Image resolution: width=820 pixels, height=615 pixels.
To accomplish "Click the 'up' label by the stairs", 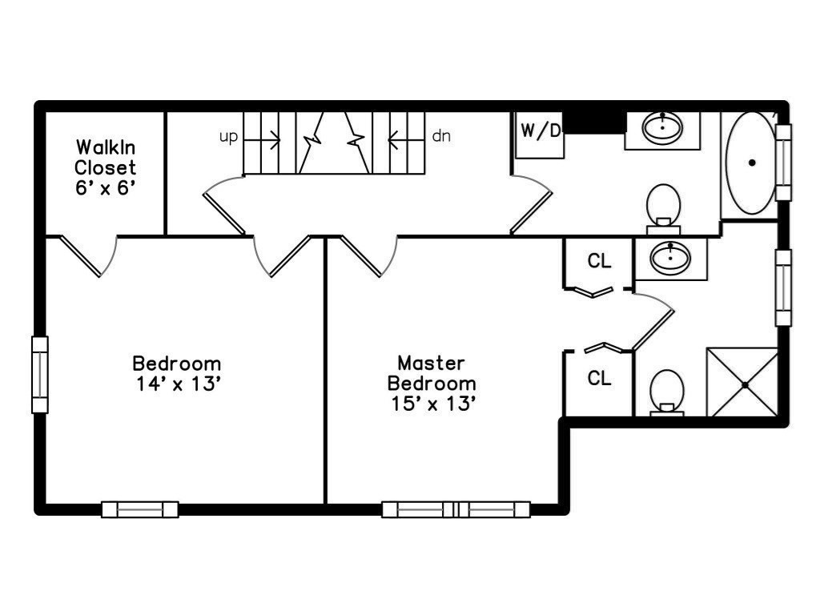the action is coord(228,137).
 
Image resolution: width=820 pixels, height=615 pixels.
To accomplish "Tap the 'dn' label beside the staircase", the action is coord(441,136).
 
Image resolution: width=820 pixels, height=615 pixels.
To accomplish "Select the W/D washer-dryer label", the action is coord(541,131).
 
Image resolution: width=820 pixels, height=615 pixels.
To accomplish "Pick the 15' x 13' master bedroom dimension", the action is coord(433,404).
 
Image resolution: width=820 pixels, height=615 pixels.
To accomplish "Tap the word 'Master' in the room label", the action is coord(431,363).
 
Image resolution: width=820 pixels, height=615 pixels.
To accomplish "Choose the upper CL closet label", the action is coord(599,260).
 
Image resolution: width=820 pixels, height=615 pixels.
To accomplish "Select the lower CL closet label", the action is coord(599,378).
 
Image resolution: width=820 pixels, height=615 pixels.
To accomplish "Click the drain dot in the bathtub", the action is coord(752,163).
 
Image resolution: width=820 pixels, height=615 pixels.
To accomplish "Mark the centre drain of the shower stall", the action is coord(746,385).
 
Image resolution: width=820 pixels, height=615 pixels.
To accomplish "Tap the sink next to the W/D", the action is coord(662,127).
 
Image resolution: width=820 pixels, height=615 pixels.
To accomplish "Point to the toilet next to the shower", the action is coord(667,392).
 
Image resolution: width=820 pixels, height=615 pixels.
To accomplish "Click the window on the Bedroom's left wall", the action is coord(40,375).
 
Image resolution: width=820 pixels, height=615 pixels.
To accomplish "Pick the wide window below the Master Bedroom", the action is coord(456,509).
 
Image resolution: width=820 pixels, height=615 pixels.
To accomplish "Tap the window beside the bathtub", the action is coord(783,162).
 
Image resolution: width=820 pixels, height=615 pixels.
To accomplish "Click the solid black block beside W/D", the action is coord(595,123).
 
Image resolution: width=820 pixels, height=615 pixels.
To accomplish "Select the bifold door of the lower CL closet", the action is coord(602,348).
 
